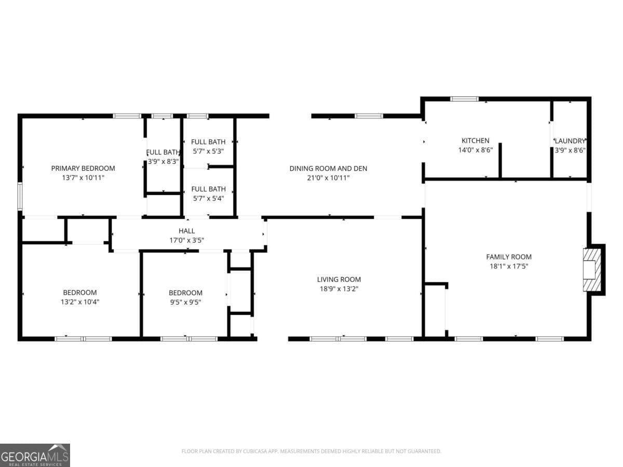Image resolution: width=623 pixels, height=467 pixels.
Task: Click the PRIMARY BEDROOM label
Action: (x=83, y=168)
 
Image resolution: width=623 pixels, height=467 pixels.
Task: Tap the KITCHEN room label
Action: (x=475, y=141)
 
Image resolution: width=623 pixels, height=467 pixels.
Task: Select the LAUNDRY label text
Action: (x=570, y=141)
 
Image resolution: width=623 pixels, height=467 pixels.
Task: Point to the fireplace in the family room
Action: (x=592, y=270)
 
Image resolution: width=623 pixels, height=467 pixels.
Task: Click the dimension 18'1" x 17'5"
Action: (x=508, y=266)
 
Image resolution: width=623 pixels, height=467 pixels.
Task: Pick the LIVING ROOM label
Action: (x=338, y=279)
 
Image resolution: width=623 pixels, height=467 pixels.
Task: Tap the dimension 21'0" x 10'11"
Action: (x=328, y=177)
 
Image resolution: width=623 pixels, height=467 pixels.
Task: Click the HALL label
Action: (x=186, y=231)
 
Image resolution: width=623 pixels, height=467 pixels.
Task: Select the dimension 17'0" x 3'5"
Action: (x=186, y=240)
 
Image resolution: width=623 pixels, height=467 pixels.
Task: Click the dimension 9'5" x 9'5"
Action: (x=185, y=302)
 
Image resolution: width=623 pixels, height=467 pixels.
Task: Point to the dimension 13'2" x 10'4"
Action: (x=79, y=302)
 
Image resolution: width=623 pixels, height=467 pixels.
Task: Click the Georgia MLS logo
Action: (x=35, y=455)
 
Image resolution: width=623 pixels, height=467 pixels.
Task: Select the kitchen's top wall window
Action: (x=464, y=99)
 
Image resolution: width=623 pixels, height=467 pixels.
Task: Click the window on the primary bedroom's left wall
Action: (x=20, y=196)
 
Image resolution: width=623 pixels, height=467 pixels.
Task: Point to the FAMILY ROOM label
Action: (x=508, y=257)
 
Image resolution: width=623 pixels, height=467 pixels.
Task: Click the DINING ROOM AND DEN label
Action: (x=328, y=168)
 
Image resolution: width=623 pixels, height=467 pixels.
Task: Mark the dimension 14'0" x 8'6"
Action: (x=475, y=150)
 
